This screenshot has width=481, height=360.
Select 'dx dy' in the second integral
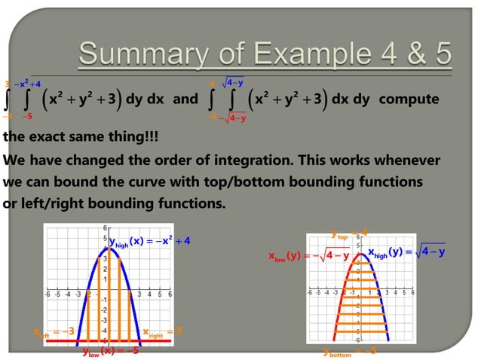350,99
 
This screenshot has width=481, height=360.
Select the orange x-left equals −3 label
53,331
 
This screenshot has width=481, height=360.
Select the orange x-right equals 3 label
162,331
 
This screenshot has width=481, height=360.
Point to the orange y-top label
349,231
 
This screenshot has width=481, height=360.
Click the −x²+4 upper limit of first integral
29,84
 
